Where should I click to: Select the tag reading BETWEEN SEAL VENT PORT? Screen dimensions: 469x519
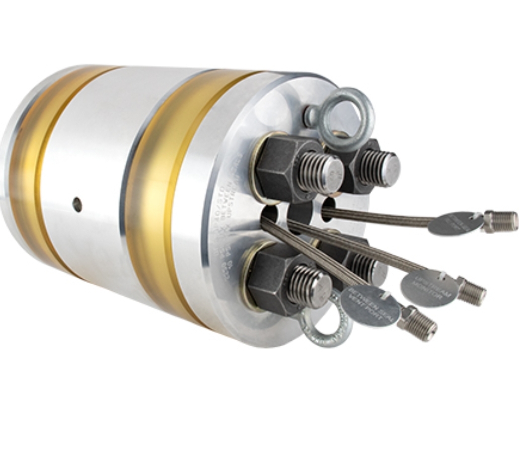pos(370,306)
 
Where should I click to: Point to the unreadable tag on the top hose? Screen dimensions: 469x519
pos(455,224)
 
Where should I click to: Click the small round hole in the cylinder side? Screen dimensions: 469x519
pos(77,204)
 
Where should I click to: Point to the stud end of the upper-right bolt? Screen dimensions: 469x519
pos(390,169)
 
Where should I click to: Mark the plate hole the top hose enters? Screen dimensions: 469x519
pos(328,209)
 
